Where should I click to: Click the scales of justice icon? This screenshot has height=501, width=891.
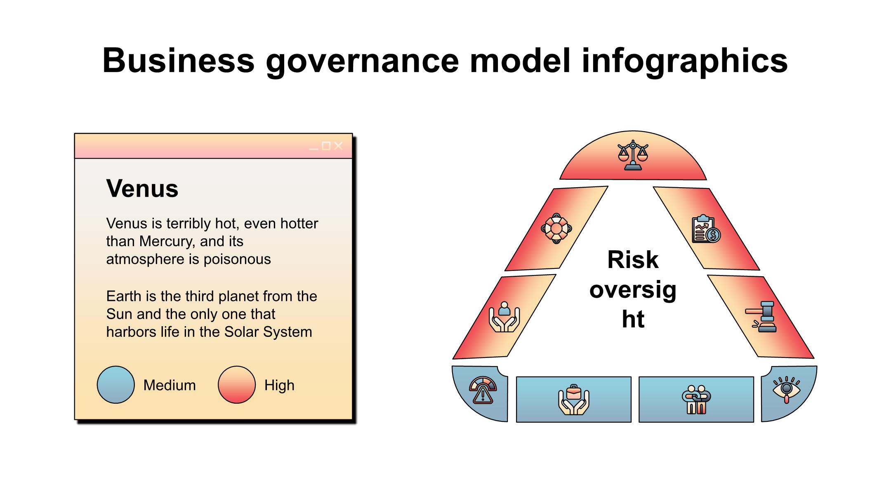tap(633, 155)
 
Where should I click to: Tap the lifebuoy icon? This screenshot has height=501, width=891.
tap(556, 228)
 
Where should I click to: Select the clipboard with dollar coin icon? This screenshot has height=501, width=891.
tap(706, 228)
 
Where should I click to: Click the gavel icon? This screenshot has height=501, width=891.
tap(761, 316)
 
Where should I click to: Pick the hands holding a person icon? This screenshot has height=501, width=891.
tap(504, 317)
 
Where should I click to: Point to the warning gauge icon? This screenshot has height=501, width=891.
tap(483, 389)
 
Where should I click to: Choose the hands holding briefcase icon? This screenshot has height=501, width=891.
tap(573, 399)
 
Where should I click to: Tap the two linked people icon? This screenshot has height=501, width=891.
tap(696, 399)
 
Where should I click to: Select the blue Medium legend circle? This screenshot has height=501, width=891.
tap(115, 385)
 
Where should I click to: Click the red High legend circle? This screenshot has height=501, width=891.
tap(237, 385)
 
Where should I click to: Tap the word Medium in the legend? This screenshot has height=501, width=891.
tap(170, 385)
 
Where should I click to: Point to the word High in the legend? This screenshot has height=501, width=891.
tap(279, 385)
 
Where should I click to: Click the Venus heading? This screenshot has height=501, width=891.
tap(142, 188)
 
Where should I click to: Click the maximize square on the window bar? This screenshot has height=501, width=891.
tap(326, 146)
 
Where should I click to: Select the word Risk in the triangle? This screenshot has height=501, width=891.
tap(633, 260)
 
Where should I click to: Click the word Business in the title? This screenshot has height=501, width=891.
tap(178, 61)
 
